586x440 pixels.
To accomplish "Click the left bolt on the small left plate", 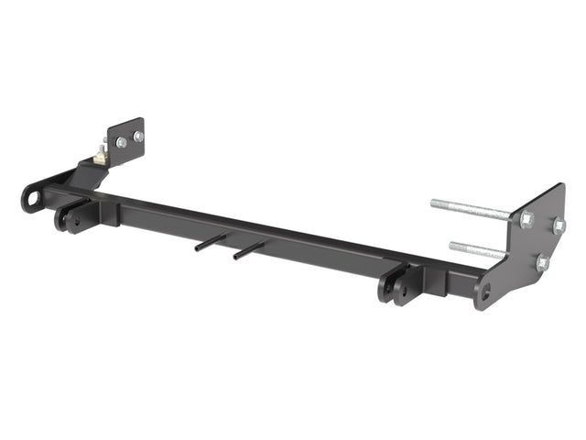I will click(122, 142).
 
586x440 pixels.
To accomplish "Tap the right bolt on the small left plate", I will click(138, 137).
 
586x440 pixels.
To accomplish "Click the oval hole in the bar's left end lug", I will click(33, 197).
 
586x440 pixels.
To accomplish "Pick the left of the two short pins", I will click(210, 240).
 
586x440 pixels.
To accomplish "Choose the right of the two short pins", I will click(248, 248).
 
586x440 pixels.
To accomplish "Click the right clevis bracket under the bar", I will click(397, 287).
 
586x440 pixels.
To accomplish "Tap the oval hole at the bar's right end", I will click(483, 293).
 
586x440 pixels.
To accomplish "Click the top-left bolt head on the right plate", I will click(526, 220).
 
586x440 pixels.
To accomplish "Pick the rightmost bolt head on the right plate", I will click(558, 225).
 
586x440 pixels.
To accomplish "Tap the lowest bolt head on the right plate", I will click(542, 263).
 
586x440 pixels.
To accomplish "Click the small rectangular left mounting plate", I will click(128, 141).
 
